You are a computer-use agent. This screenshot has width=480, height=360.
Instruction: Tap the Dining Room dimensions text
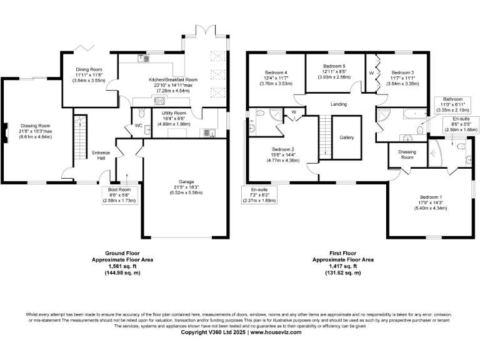tap(86, 80)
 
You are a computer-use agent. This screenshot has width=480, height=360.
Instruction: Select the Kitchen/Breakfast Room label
tap(173, 80)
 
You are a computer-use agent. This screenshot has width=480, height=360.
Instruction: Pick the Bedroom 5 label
tap(334, 66)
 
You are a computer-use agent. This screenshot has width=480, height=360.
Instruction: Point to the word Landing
tap(339, 104)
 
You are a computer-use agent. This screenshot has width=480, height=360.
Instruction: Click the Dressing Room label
tap(407, 154)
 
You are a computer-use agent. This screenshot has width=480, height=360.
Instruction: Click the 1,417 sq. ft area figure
tap(343, 266)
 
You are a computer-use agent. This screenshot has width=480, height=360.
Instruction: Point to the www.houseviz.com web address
tap(276, 332)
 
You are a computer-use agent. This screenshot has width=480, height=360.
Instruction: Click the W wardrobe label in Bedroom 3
tap(371, 72)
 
